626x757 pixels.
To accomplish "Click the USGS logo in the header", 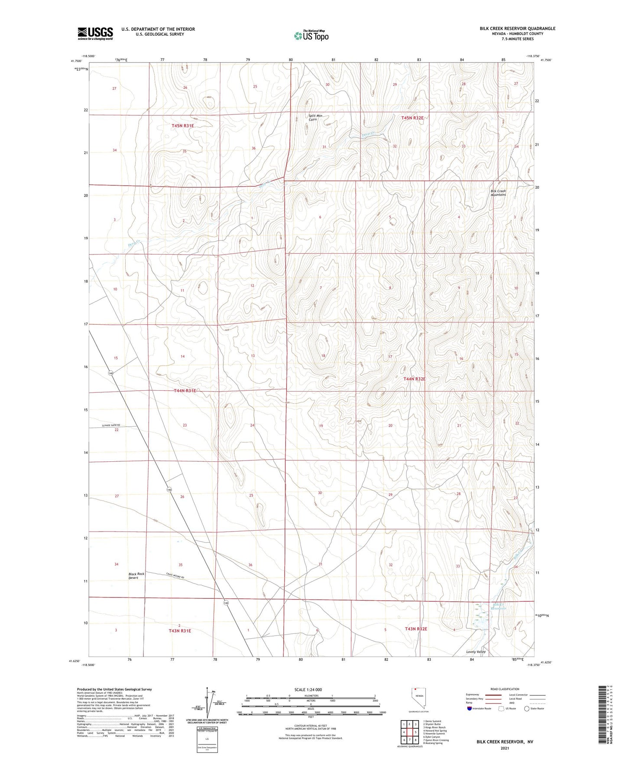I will point(95,33).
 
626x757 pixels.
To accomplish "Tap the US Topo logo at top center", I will point(311,36).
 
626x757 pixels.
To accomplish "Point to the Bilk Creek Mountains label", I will point(498,193).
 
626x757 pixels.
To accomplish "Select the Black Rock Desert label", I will point(136,576).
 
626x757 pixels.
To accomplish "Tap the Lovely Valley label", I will point(476,652).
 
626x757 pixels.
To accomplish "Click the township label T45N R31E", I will point(182,126).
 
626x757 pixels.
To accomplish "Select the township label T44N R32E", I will point(414,379).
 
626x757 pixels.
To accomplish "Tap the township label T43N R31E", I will point(180,631).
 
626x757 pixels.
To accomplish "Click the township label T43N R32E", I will point(416,629).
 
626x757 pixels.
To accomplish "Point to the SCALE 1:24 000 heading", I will point(308,690).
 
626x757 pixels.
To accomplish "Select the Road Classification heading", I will point(505,689).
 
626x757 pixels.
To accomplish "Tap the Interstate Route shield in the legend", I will point(470,708).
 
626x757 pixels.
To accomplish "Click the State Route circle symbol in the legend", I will point(527,708).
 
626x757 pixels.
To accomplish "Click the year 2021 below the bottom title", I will point(505,748).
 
